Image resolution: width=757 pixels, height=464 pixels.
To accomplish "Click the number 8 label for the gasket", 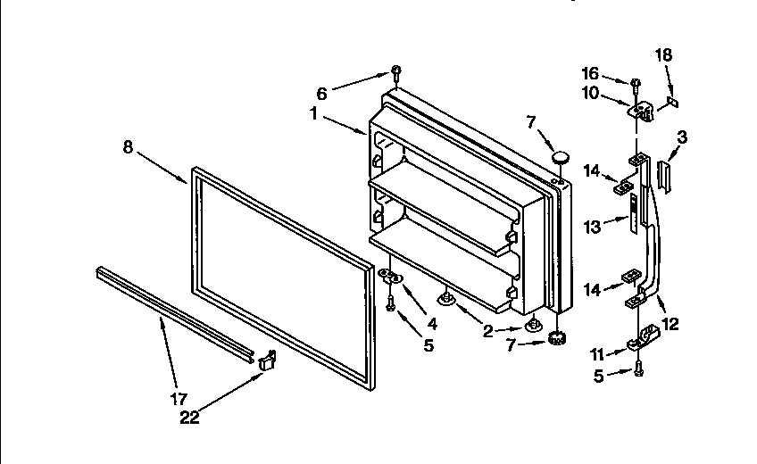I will click(x=128, y=147).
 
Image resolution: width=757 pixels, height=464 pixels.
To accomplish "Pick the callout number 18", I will click(x=663, y=55).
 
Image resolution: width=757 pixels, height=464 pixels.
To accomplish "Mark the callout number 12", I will click(x=670, y=325).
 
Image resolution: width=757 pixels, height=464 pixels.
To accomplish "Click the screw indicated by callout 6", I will click(x=395, y=73).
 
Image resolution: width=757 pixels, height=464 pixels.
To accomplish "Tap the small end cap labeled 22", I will click(x=266, y=360).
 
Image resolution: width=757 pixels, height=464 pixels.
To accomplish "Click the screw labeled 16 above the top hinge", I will click(x=635, y=84).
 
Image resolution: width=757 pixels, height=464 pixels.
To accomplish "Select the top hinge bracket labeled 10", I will click(x=641, y=110).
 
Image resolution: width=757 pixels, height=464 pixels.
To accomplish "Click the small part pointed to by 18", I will click(x=673, y=102).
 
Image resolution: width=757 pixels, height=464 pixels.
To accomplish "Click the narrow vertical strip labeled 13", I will click(x=633, y=211).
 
